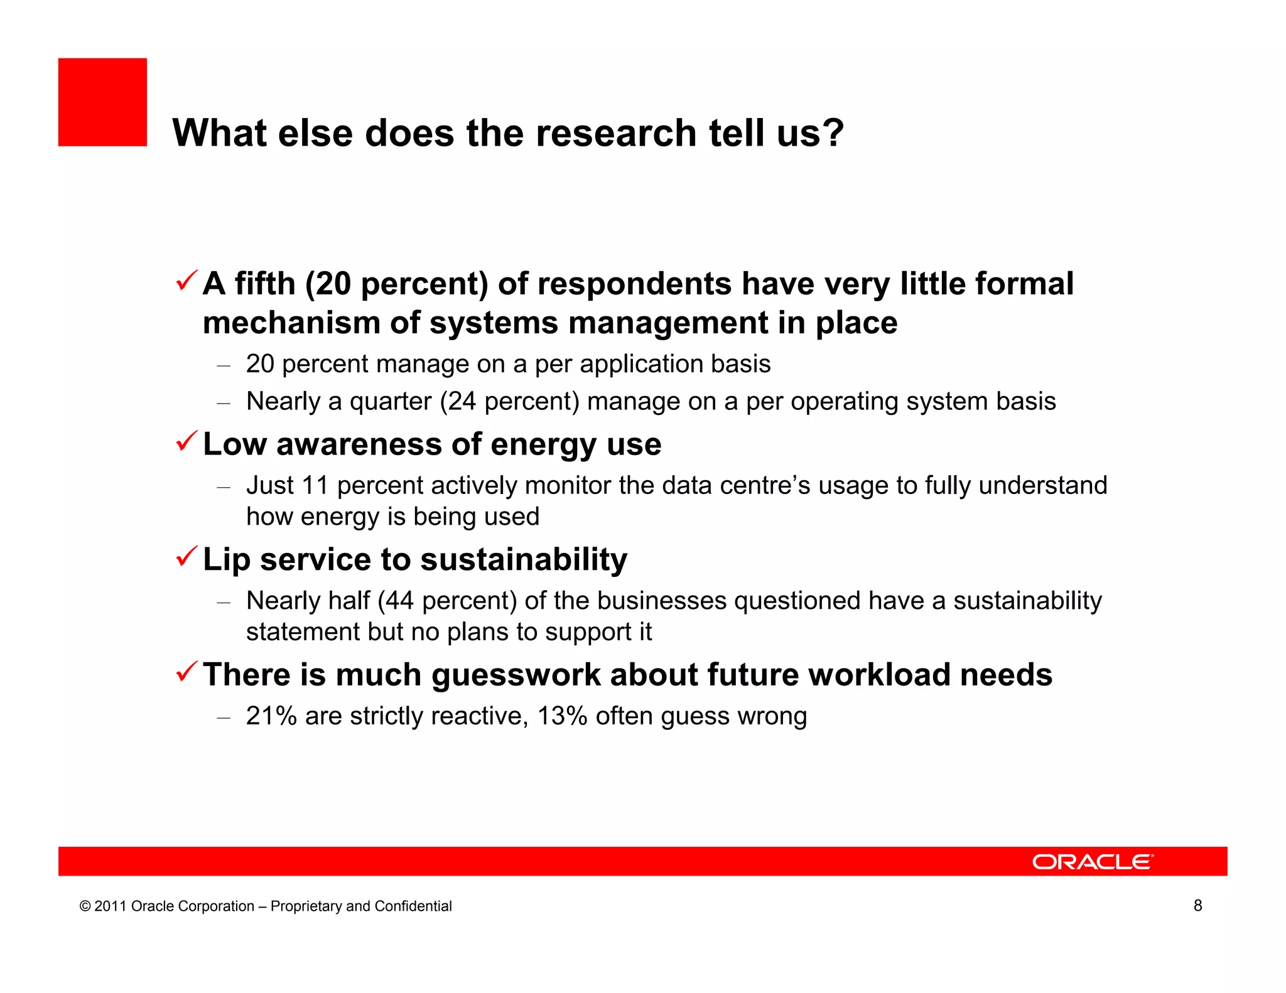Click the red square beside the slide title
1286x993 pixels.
(x=102, y=102)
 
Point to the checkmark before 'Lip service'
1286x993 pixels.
(x=187, y=556)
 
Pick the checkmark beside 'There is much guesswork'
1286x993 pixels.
(x=187, y=672)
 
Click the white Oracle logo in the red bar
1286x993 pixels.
(x=1093, y=862)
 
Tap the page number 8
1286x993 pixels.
(x=1197, y=905)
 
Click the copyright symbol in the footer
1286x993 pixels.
(x=85, y=906)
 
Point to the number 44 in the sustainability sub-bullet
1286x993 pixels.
(x=399, y=601)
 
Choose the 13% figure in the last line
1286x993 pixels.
(x=562, y=716)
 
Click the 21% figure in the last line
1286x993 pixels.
(x=271, y=716)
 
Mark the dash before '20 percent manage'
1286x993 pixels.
(x=224, y=365)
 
